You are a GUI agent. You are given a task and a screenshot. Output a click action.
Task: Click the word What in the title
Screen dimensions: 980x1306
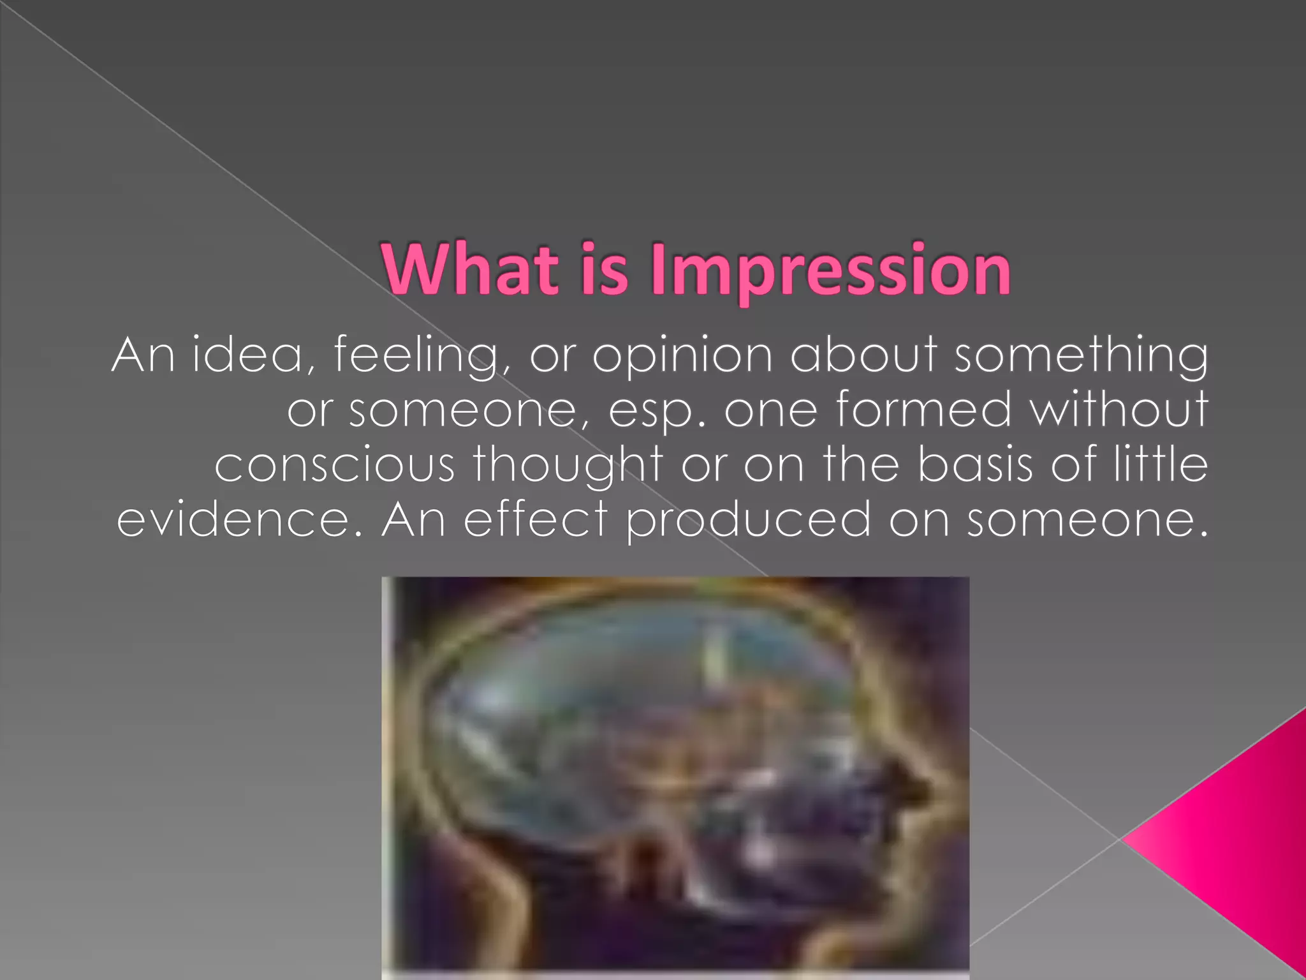[470, 269]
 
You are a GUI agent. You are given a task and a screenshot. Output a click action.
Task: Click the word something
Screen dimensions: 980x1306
[1080, 356]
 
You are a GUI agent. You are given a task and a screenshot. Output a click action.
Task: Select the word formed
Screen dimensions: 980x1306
[923, 409]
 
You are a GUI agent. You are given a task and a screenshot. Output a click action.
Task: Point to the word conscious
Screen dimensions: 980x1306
[334, 464]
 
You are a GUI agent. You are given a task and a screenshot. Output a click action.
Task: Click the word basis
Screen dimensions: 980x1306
[974, 464]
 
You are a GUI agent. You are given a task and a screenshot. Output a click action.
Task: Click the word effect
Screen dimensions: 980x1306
[534, 519]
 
